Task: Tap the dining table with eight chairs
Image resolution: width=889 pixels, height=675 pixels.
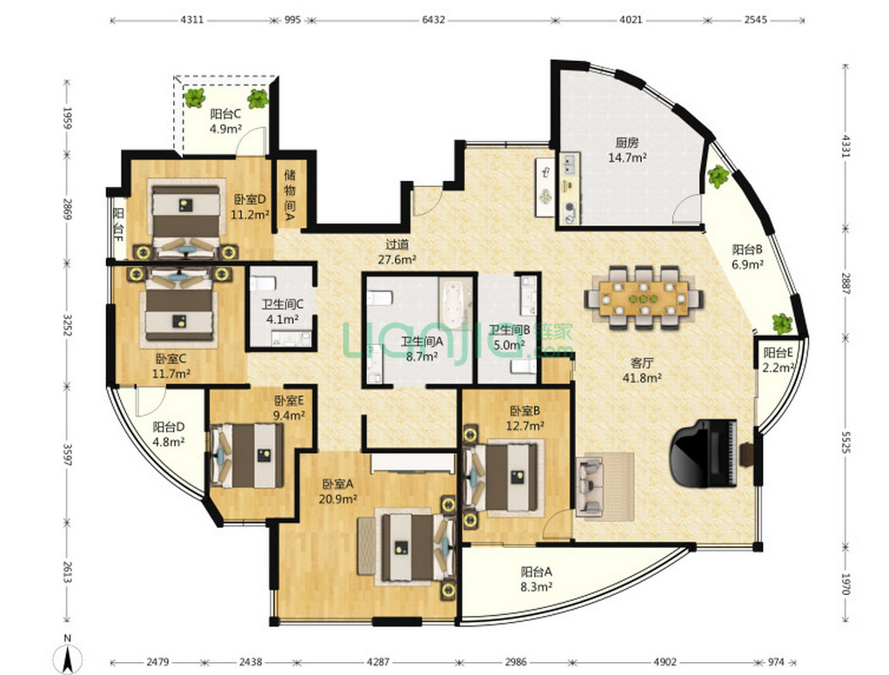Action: tap(644, 297)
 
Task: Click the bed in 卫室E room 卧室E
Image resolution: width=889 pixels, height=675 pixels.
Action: tap(247, 456)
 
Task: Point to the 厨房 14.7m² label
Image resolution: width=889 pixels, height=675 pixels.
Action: tap(627, 150)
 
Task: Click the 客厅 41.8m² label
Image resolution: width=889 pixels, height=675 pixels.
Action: tap(642, 370)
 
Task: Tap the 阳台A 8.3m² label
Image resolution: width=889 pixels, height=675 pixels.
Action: tap(537, 579)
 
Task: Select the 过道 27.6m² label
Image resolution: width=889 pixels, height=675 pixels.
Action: tap(398, 252)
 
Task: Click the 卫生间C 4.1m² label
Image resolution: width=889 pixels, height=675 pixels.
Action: tap(283, 311)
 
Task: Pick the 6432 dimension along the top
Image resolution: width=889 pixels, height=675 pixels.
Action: tap(433, 20)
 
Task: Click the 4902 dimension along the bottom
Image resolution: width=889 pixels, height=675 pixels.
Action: tap(665, 661)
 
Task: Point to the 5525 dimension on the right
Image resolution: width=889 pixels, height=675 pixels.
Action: tap(845, 442)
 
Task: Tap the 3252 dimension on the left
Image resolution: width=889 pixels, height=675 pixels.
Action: tap(67, 325)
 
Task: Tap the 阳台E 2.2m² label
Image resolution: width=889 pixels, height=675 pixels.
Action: tap(778, 360)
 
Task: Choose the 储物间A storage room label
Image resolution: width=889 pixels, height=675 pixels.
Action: tap(290, 194)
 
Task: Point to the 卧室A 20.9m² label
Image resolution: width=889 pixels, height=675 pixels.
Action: tap(338, 491)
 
